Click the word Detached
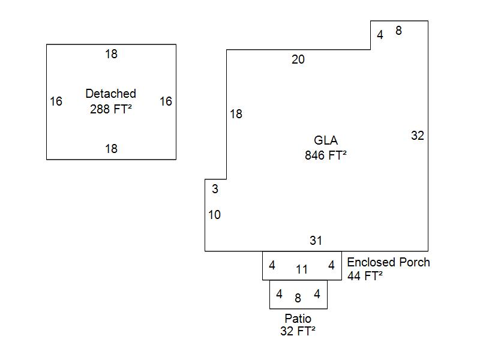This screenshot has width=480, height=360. click(x=111, y=94)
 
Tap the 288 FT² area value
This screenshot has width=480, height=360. click(x=111, y=109)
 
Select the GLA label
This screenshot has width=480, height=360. click(x=326, y=140)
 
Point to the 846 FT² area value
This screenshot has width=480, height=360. click(x=326, y=155)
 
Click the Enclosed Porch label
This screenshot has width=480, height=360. click(x=388, y=262)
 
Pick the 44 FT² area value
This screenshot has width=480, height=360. click(x=365, y=276)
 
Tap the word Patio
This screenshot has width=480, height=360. click(x=298, y=318)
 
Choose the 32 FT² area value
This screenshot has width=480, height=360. click(x=298, y=331)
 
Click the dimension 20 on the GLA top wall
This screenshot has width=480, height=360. click(x=298, y=59)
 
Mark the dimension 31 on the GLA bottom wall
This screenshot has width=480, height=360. click(x=316, y=241)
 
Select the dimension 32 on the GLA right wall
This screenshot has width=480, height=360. click(x=418, y=136)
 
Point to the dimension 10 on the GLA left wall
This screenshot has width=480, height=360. click(x=215, y=215)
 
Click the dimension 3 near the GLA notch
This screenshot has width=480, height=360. click(x=215, y=190)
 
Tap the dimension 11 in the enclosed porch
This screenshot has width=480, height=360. click(x=302, y=269)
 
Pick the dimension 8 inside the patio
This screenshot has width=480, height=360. click(x=298, y=298)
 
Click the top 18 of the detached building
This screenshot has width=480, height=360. click(x=111, y=54)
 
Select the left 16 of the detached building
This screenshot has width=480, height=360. click(x=56, y=101)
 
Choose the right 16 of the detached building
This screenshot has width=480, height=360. click(x=166, y=101)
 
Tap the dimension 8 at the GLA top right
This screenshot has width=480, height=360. click(x=398, y=31)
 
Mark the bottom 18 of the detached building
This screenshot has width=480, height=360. click(x=111, y=149)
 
